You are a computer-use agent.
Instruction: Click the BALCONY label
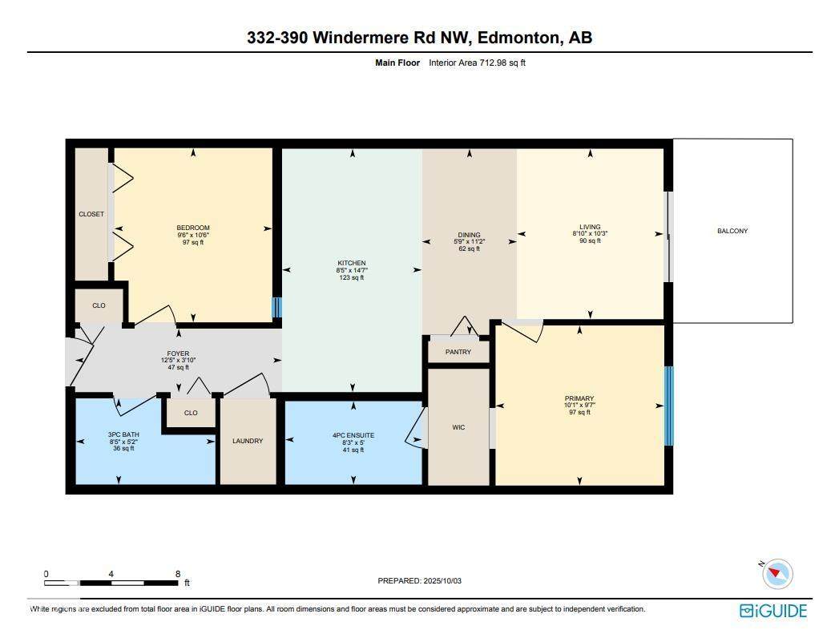[x=732, y=231]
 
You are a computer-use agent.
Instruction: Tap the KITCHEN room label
[x=351, y=263]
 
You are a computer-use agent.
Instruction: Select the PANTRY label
[x=458, y=352]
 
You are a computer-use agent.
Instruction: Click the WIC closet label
[x=458, y=427]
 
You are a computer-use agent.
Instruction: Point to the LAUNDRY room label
[x=248, y=441]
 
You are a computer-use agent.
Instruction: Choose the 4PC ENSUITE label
[x=353, y=435]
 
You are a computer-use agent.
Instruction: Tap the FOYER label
[x=178, y=353]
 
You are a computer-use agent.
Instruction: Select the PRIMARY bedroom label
[x=579, y=398]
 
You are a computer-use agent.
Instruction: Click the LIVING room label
[x=591, y=227]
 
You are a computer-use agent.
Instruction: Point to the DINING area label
[x=469, y=235]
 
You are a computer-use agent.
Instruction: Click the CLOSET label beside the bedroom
[x=91, y=214]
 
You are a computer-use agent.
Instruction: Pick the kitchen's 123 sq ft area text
[x=351, y=278]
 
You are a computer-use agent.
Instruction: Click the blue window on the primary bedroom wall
[x=669, y=406]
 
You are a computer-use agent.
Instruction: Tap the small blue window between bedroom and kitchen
[x=277, y=308]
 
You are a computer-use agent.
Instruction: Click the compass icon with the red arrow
[x=777, y=573]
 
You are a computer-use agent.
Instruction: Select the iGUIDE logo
[x=773, y=611]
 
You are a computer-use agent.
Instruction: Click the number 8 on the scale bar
[x=177, y=574]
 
